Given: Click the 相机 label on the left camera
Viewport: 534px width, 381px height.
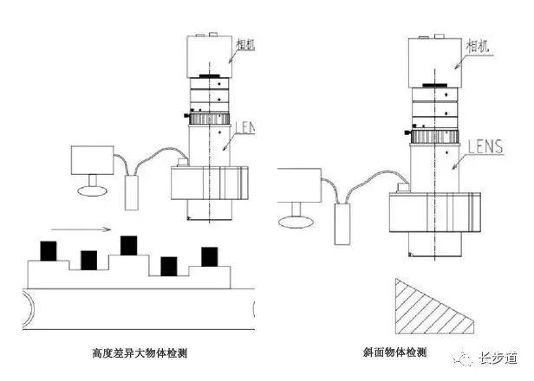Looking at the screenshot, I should (x=244, y=42).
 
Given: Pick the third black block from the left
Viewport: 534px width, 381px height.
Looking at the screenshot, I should (x=128, y=245).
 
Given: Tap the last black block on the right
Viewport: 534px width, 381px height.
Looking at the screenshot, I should (x=210, y=256).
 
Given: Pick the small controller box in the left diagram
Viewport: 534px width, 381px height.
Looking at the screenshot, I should (x=134, y=189).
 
